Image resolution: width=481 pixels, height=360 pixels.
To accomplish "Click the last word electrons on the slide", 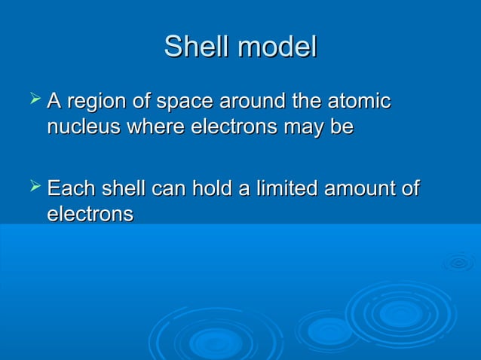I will (90, 214).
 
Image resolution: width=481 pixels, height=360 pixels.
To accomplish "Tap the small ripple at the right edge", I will (458, 263).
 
